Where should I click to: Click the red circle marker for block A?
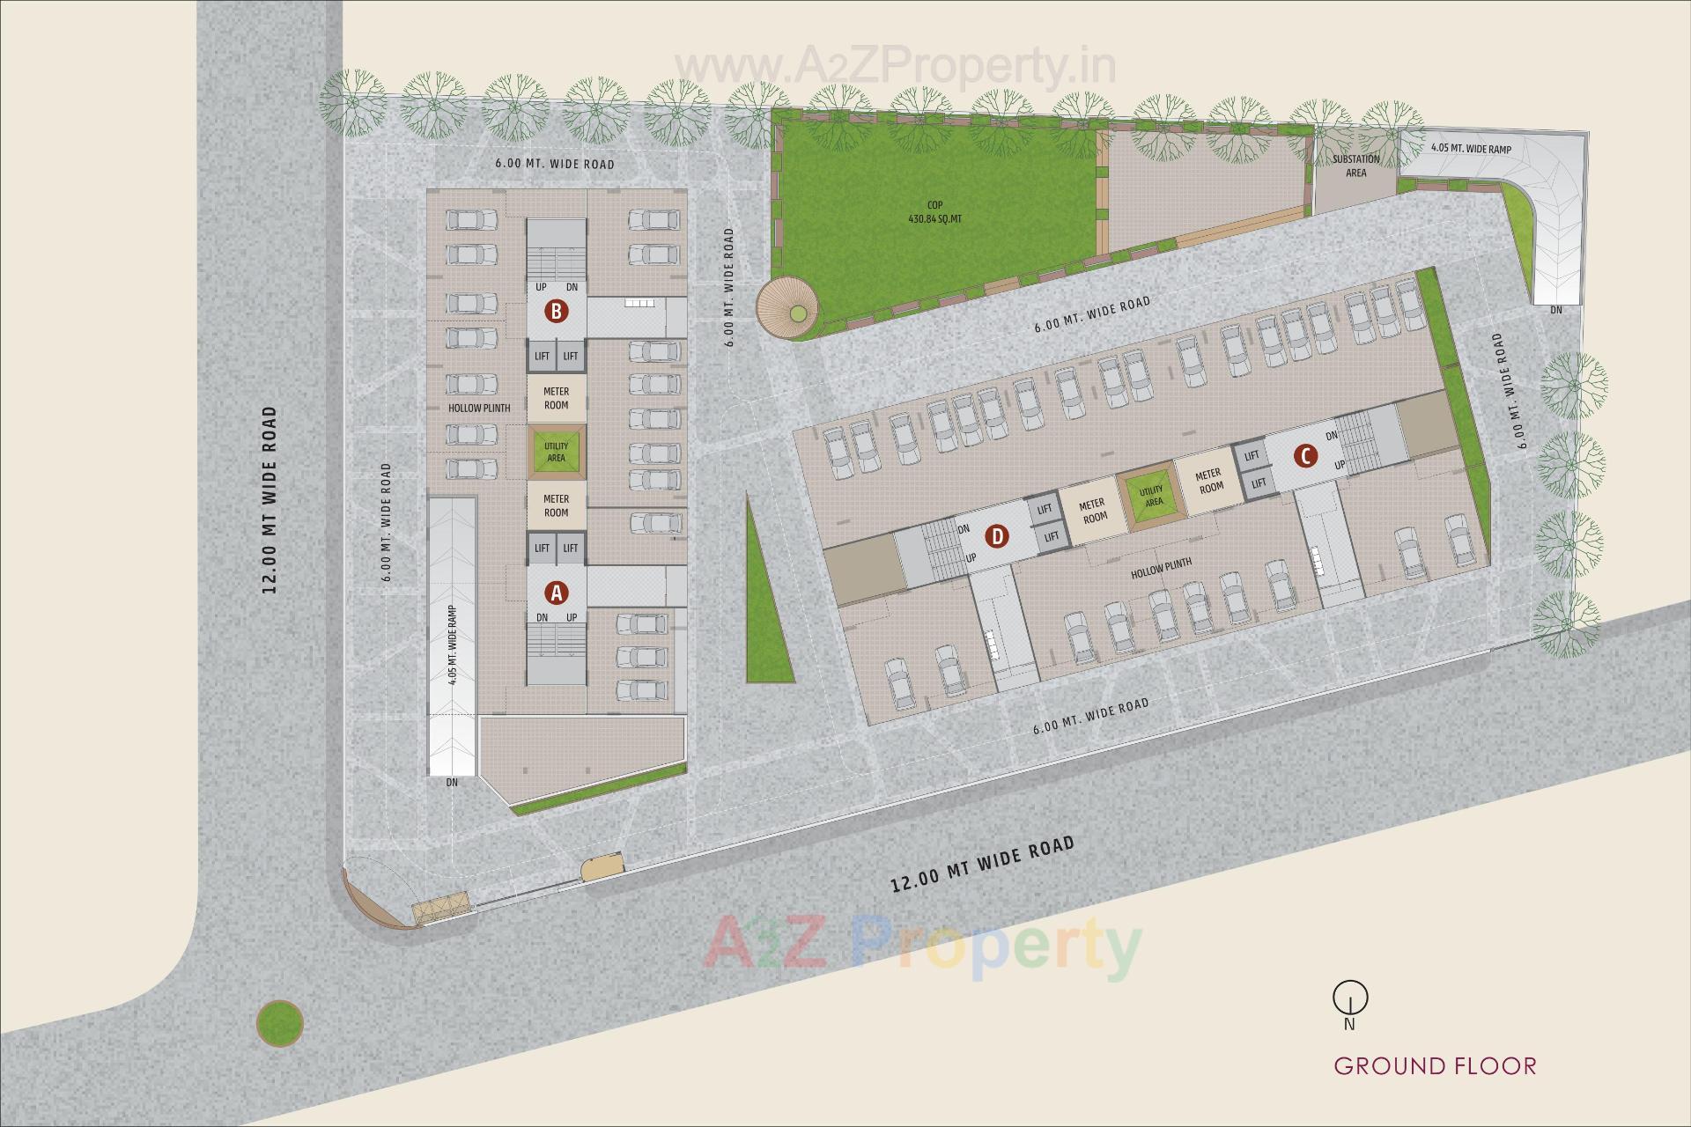tap(556, 593)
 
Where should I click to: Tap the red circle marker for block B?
tap(556, 311)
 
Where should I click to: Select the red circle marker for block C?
tap(1305, 456)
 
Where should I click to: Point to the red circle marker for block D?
tap(997, 535)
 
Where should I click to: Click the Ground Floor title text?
tap(1435, 1066)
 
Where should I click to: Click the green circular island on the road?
tap(280, 1023)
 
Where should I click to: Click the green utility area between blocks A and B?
tap(556, 452)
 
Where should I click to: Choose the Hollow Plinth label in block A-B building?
tap(479, 409)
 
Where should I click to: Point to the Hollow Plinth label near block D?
tap(1161, 568)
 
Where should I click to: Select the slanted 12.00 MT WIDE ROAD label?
tap(982, 864)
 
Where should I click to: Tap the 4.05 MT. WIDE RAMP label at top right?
tap(1471, 150)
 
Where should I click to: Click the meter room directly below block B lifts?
tap(556, 398)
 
